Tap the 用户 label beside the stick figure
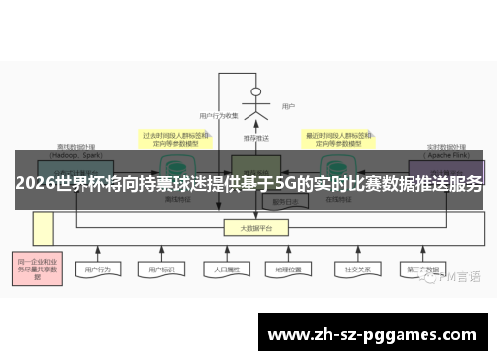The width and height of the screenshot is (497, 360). [288, 106]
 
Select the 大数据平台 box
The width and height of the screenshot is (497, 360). [255, 228]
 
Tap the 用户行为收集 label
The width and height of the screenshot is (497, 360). [218, 116]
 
